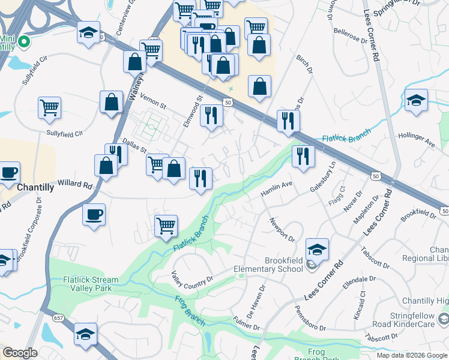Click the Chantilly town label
point(35,187)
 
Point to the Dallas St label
point(134,146)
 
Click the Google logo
point(20,353)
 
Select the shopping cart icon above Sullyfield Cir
point(50,108)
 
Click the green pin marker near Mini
point(24,41)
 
